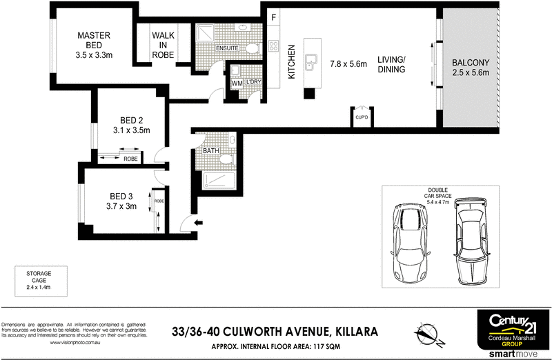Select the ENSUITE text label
[x=226, y=48]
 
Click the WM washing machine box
[x=237, y=83]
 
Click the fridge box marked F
[x=273, y=17]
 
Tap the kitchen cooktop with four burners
[x=273, y=48]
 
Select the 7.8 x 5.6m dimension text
[x=348, y=63]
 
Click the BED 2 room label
[x=131, y=123]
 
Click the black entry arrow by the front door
[x=200, y=222]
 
